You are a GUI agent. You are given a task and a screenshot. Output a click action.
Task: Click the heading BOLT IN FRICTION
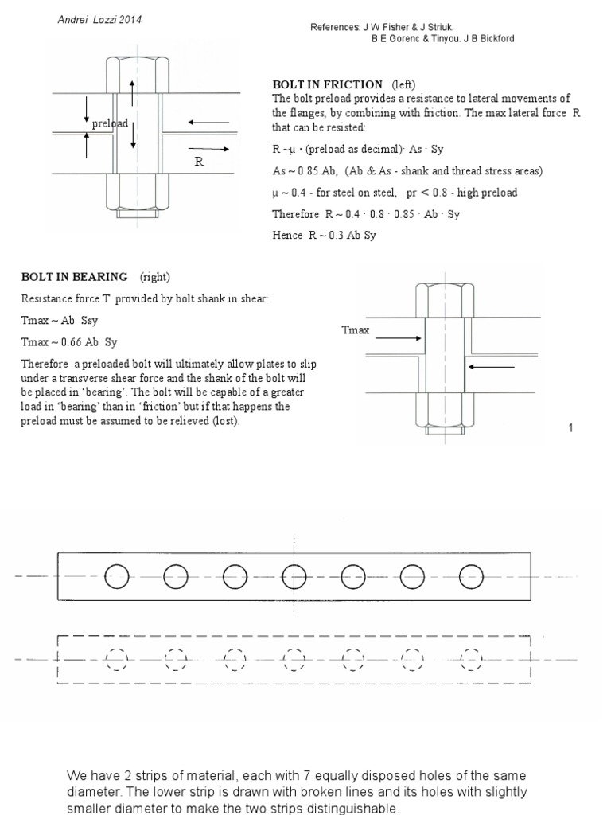click(327, 84)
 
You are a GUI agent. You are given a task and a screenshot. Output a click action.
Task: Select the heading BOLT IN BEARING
click(74, 277)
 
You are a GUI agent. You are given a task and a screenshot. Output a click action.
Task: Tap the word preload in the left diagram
click(109, 124)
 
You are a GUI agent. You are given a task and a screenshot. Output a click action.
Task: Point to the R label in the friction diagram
click(200, 161)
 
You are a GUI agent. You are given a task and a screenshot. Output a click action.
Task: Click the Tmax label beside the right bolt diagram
click(355, 330)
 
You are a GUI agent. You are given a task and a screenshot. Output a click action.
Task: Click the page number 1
click(570, 429)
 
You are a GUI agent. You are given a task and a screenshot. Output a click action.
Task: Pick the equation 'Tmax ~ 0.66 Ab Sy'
click(69, 342)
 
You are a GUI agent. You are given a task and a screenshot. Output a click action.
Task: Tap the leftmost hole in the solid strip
click(117, 576)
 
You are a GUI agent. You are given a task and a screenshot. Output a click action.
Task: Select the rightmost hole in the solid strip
click(472, 576)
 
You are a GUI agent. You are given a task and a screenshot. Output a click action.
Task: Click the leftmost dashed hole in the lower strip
click(117, 660)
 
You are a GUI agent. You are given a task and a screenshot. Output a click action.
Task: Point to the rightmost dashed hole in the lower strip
click(472, 660)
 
